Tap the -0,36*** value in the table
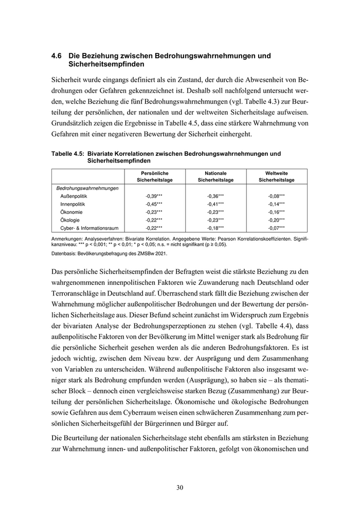215,196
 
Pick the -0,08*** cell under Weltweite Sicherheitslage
276,196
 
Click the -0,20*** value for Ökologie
276,220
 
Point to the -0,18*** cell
215,227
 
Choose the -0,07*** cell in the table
276,227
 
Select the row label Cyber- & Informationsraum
88,227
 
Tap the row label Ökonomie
72,212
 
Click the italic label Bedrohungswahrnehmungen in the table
87,188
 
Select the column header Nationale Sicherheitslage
215,177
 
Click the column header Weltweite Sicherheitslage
276,177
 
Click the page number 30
179,487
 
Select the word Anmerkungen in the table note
69,240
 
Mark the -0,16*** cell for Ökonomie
276,212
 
